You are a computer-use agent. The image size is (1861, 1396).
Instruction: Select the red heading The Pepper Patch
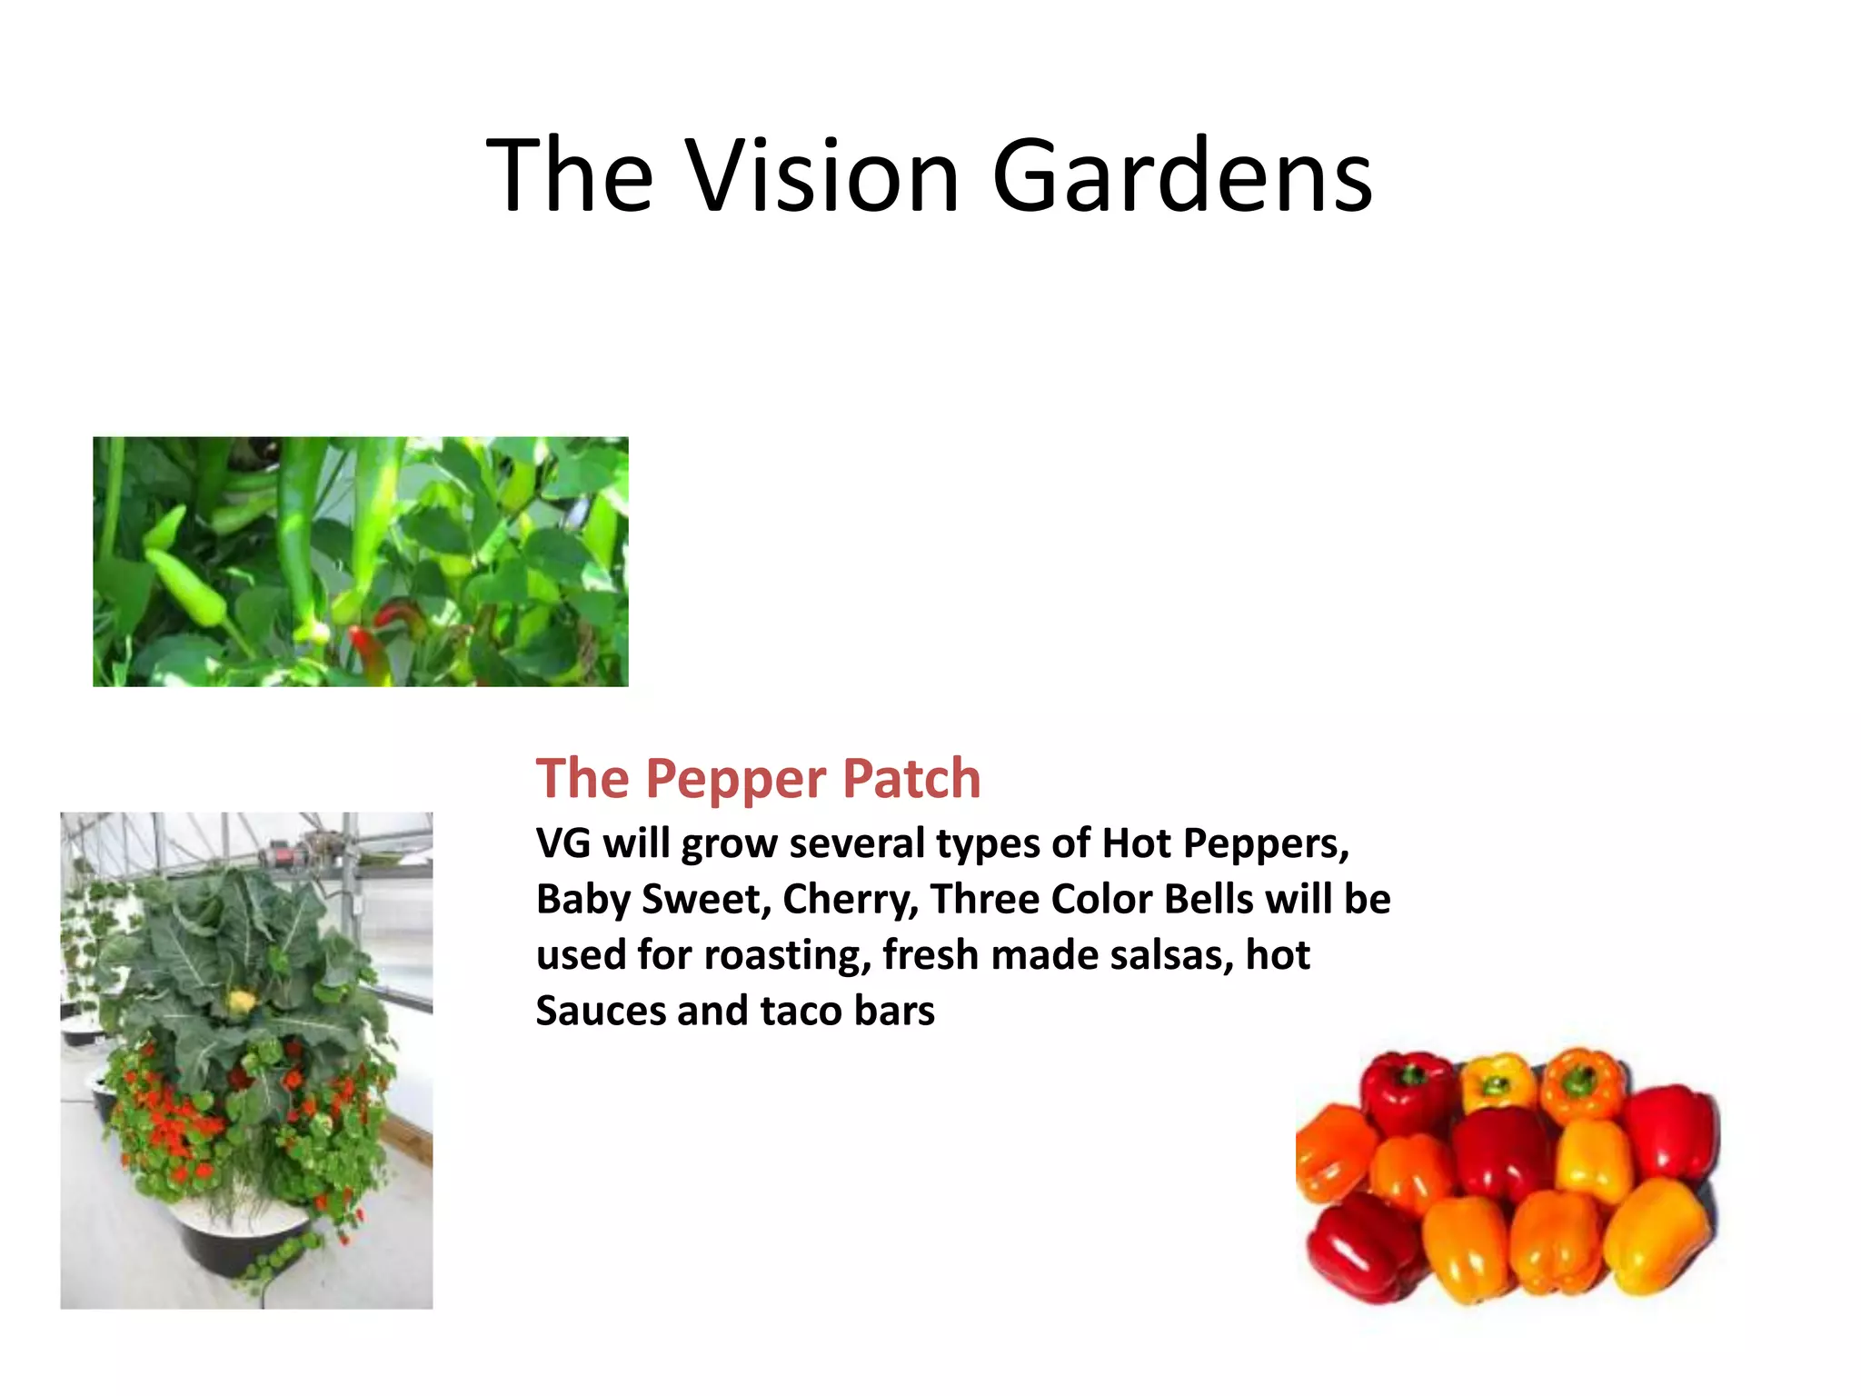(x=758, y=779)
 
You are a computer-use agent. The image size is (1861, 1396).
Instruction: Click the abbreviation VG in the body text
(x=563, y=843)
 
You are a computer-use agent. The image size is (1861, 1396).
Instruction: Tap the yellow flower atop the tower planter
(x=241, y=1002)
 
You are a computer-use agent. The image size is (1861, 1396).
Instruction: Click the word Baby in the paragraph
(x=582, y=900)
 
